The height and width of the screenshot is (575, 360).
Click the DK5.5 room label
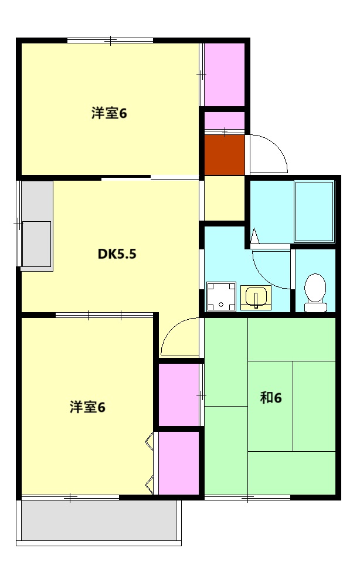point(117,255)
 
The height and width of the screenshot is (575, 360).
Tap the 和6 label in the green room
point(271,398)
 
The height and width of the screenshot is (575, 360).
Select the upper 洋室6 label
point(109,113)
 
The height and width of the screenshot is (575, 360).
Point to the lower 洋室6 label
point(87,407)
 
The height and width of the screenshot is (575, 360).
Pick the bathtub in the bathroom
point(314,211)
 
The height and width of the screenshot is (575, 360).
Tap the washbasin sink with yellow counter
point(256,297)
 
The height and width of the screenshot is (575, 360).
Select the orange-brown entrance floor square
point(224,154)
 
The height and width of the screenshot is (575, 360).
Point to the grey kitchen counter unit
point(36,226)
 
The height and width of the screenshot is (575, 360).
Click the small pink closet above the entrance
point(224,120)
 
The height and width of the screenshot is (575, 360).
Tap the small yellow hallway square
point(224,198)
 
